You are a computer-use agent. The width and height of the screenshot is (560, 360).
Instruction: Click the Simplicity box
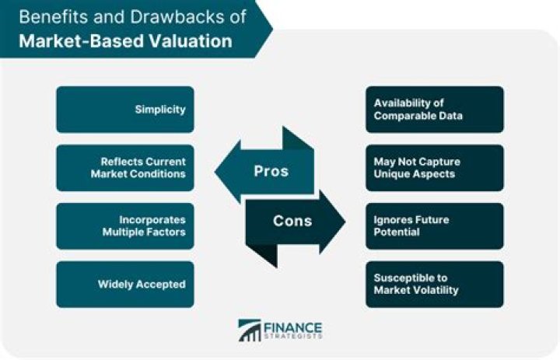coord(124,109)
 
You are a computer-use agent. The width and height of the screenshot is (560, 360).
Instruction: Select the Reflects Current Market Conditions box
coord(124,167)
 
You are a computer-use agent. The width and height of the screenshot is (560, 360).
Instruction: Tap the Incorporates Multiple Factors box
coord(124,226)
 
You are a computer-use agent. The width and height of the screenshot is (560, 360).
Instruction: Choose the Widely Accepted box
coord(124,285)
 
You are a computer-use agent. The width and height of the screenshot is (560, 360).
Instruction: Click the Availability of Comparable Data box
coord(435,109)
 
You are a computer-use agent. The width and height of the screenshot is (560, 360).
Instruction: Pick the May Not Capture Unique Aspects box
coord(435,167)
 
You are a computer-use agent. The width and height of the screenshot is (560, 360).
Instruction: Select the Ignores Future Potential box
coord(435,226)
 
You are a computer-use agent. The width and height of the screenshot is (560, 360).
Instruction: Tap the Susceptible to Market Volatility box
coord(435,285)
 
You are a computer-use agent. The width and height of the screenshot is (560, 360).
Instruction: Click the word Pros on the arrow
coord(271,171)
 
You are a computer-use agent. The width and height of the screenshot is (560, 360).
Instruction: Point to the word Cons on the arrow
coord(292,221)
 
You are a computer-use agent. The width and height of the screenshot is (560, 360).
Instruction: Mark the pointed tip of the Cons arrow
coord(345,221)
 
